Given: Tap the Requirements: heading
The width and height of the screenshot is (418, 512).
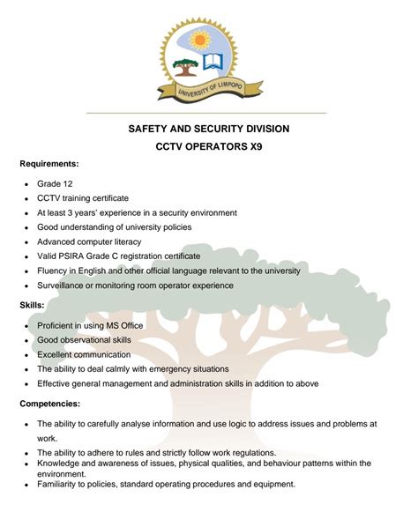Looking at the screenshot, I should [49, 164].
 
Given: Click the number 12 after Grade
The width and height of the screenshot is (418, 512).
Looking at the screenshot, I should [66, 183].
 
